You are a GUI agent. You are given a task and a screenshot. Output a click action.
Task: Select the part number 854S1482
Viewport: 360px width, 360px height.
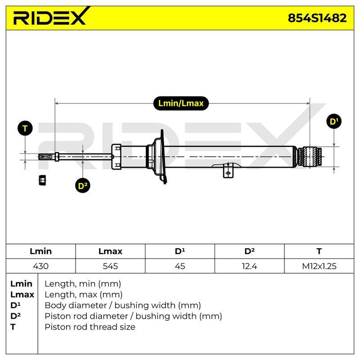(317, 18)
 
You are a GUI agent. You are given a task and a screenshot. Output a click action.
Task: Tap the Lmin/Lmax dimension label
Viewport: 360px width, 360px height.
(181, 103)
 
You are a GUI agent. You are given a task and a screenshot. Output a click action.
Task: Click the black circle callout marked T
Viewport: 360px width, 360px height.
(25, 128)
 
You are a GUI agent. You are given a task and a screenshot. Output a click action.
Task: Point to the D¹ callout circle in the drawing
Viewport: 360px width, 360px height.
(334, 121)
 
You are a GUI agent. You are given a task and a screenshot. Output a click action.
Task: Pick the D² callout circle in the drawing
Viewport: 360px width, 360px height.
(83, 185)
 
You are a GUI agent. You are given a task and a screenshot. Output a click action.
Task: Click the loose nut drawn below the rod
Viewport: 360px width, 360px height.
(42, 180)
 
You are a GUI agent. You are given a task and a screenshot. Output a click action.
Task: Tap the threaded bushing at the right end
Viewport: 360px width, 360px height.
(310, 157)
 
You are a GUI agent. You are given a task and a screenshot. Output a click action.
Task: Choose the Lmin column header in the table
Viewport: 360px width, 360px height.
(40, 251)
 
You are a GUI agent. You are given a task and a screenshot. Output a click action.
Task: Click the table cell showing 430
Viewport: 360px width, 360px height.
(40, 266)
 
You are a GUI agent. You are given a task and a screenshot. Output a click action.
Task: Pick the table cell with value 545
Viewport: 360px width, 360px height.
(110, 266)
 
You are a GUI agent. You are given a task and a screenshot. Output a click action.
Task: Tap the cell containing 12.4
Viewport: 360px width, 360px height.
(249, 266)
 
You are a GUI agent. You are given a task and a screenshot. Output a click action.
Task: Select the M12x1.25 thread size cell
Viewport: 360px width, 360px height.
(319, 266)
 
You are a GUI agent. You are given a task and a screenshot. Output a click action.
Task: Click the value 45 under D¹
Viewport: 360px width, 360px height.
(180, 266)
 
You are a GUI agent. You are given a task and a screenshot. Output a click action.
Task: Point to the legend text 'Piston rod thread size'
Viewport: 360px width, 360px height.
(90, 327)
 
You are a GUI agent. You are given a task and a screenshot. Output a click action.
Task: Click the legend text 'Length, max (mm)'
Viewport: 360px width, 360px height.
(84, 294)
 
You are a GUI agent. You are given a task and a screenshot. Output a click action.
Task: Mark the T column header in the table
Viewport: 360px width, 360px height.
(319, 251)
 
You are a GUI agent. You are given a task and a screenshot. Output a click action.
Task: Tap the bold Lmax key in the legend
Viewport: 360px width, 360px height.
(22, 294)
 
